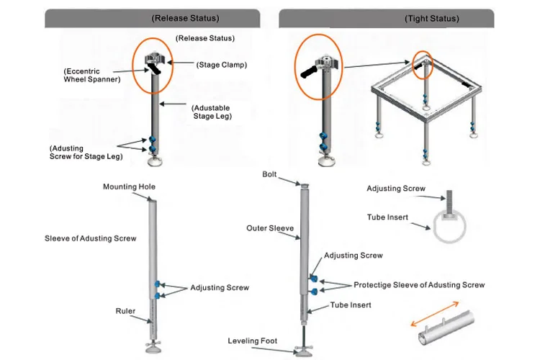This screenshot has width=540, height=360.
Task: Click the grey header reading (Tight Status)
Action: tap(387, 18)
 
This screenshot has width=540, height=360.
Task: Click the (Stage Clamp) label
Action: tap(222, 65)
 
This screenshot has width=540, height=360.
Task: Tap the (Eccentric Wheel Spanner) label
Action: tap(92, 75)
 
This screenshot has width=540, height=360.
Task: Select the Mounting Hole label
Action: tap(129, 186)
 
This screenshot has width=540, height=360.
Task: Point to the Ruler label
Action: tap(125, 311)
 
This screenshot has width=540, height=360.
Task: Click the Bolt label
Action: tap(269, 174)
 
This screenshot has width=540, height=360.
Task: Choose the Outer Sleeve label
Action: tap(270, 228)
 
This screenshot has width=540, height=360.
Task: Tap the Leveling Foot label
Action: tap(253, 341)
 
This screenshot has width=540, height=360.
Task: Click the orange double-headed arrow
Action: tap(435, 314)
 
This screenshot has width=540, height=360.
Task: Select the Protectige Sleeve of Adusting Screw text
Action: tap(419, 285)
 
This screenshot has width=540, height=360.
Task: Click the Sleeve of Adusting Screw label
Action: tap(91, 238)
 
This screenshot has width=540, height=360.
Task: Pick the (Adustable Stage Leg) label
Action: tap(212, 112)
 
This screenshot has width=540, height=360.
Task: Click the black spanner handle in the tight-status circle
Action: tap(309, 72)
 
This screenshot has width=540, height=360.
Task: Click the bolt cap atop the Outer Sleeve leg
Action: tap(305, 186)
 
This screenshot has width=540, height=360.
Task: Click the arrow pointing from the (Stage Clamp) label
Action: tap(181, 63)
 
